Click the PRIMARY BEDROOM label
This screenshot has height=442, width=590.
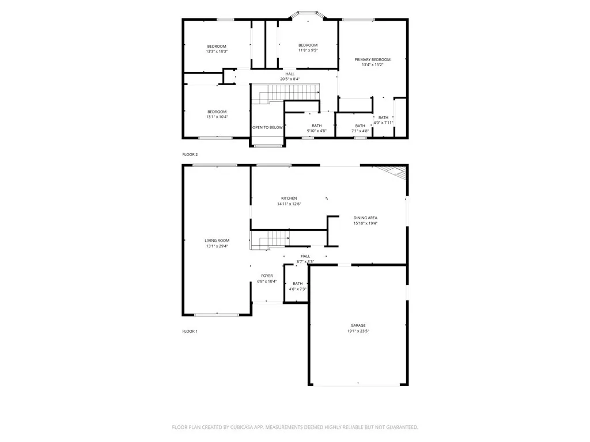372,60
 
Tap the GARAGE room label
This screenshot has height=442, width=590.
358,325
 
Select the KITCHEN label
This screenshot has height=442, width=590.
289,199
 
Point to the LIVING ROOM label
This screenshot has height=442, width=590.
217,241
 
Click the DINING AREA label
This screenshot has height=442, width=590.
365,218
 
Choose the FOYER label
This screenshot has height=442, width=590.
267,276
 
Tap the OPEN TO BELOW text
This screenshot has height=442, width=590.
267,127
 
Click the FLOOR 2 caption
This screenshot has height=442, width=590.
190,155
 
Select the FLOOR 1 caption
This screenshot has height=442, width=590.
190,331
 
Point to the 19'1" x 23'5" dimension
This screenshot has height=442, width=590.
358,331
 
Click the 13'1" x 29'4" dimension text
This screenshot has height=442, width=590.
217,246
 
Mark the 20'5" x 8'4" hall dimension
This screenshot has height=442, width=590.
290,79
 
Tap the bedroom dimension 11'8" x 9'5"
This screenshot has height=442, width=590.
308,51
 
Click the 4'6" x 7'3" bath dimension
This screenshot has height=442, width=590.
297,289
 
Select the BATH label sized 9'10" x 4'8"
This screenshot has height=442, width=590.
317,125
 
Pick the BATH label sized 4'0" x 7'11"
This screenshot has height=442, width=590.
383,117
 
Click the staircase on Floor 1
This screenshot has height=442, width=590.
270,239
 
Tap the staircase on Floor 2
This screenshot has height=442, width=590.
286,92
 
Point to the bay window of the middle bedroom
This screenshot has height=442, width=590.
307,13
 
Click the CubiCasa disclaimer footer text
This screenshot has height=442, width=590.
295,427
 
